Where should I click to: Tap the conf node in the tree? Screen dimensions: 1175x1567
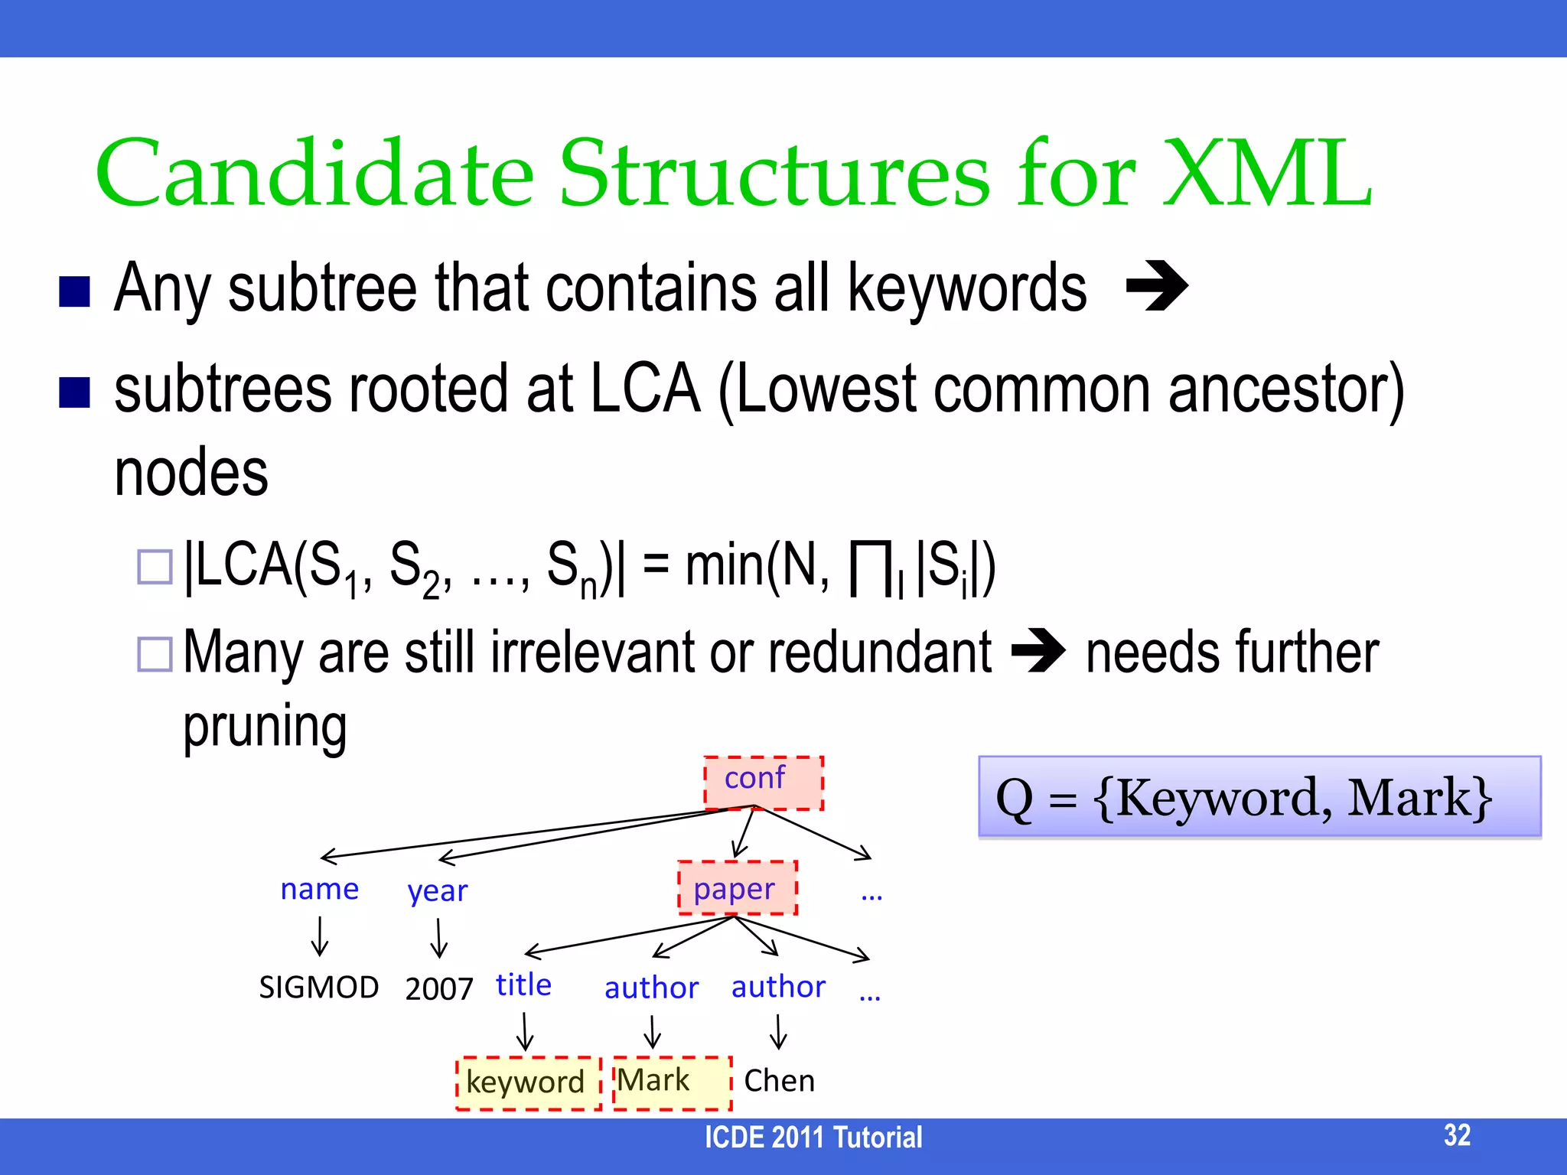pos(763,782)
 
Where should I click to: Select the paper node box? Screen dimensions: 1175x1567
pos(737,887)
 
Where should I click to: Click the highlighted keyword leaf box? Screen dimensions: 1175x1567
pos(528,1082)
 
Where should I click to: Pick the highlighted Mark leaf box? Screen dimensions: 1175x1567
pos(672,1082)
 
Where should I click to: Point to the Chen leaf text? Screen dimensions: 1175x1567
pos(779,1080)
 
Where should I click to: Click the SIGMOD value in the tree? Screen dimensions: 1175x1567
pos(318,987)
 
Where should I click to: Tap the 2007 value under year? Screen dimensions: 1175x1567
pos(439,988)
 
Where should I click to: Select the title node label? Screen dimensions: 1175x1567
pos(523,985)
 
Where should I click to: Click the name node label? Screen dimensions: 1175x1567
pos(319,889)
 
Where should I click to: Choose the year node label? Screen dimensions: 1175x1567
pos(437,890)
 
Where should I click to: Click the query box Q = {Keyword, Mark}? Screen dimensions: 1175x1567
pos(1259,797)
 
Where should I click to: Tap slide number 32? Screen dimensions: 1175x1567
pos(1457,1134)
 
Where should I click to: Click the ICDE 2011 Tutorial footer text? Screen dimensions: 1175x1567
pos(813,1138)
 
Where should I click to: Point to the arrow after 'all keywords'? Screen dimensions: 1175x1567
pos(1157,286)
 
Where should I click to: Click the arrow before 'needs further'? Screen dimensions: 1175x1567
pos(1038,651)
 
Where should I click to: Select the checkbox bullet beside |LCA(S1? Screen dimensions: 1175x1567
pos(155,567)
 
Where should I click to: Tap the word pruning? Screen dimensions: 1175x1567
pos(265,725)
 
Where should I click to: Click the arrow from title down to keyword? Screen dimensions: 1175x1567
pos(524,1031)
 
